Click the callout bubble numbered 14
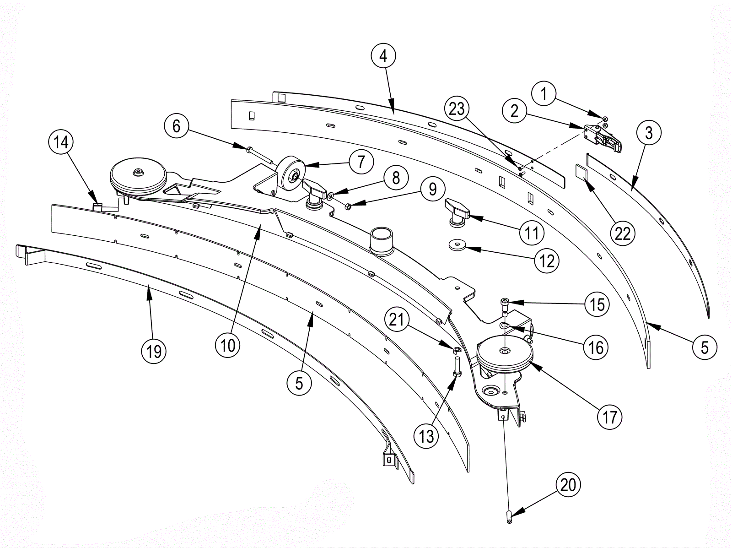coord(61,142)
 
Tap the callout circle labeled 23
coord(457,109)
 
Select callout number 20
coord(568,485)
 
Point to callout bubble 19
coord(154,351)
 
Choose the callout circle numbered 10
coord(228,346)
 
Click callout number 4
coord(383,56)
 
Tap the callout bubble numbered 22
coord(622,233)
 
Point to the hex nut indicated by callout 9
coord(348,206)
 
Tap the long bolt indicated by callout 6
coord(260,156)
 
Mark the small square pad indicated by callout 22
coord(581,171)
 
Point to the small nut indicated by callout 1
coord(605,119)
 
